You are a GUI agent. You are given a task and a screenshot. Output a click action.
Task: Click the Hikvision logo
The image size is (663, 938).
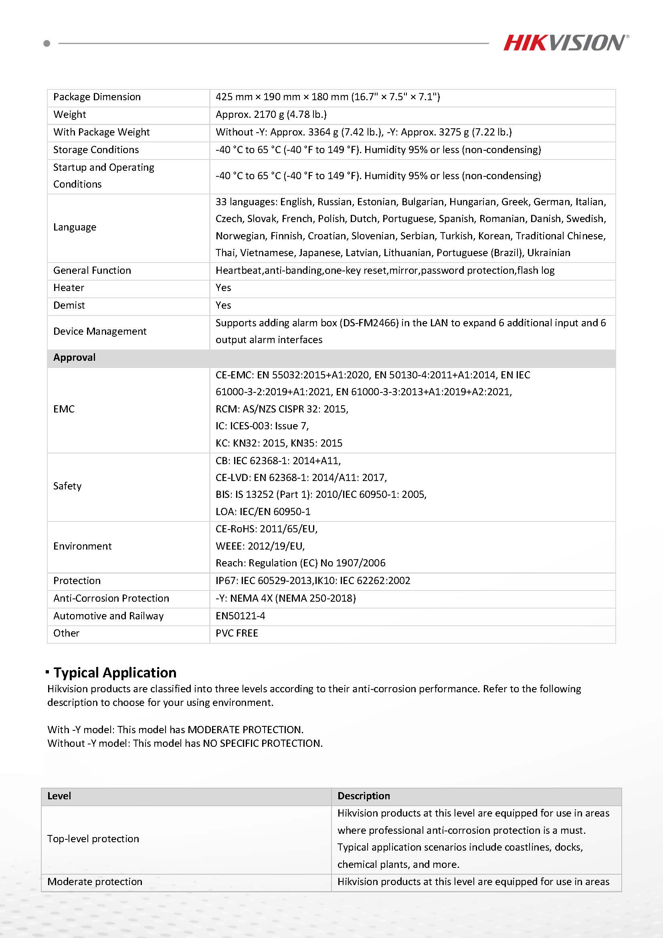tap(566, 43)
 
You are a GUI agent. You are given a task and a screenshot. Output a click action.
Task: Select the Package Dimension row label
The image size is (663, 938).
tap(97, 97)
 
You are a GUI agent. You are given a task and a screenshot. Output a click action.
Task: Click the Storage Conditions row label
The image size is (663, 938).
tap(96, 150)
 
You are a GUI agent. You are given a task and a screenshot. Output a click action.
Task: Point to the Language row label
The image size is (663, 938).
tap(75, 227)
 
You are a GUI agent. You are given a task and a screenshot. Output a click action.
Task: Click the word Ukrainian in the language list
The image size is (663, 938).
tap(549, 253)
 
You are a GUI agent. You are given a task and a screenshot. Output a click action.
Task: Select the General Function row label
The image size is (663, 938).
tap(92, 271)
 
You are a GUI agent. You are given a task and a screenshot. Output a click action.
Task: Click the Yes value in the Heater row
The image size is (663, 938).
tap(223, 287)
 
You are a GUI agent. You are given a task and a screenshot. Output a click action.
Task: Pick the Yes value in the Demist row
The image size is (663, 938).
tap(223, 305)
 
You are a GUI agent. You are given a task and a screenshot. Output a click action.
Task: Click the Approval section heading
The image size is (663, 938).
tap(74, 358)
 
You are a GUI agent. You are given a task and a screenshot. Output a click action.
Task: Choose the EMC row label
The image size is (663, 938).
tap(64, 409)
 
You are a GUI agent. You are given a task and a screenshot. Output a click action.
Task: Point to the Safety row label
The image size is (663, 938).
tap(67, 486)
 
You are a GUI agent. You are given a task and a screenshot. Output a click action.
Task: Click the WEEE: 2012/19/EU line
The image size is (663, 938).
tap(260, 546)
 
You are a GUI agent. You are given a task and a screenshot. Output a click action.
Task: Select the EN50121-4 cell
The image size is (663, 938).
tap(240, 616)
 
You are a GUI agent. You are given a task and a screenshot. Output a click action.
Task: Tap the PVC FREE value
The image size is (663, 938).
tap(237, 633)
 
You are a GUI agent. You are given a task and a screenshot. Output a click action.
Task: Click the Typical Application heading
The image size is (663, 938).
tap(115, 673)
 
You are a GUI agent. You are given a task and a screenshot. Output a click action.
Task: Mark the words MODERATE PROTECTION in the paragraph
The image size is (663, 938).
tap(245, 730)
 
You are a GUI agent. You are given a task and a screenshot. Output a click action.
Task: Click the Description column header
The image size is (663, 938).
tap(364, 796)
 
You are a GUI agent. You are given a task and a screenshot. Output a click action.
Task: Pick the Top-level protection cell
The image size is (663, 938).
tap(93, 839)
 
